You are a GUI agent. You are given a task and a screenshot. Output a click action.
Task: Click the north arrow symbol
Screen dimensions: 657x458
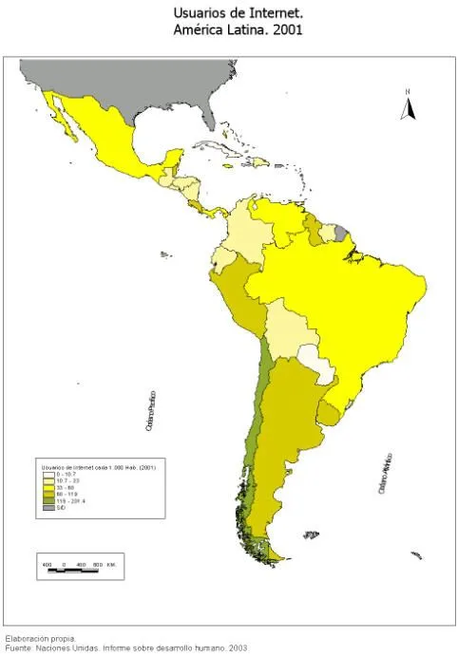(409, 105)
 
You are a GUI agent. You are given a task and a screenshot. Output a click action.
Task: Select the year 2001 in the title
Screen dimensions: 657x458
(288, 30)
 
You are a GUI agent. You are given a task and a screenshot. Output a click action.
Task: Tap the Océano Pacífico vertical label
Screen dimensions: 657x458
(150, 412)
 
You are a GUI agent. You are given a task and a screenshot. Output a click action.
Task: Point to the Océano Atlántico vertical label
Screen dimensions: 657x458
(388, 473)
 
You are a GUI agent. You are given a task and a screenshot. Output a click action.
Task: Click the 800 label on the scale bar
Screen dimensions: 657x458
(98, 566)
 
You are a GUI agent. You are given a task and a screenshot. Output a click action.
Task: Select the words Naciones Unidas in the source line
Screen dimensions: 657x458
(67, 648)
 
